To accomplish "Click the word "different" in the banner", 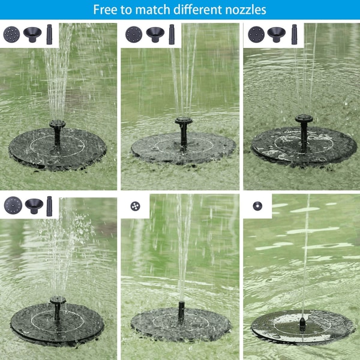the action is click(197, 10).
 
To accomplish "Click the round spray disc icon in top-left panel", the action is click(11, 34).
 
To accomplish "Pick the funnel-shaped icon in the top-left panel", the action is click(32, 34).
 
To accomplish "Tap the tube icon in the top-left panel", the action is click(49, 34).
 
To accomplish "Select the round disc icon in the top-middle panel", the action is click(134, 34).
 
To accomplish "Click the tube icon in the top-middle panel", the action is click(172, 34).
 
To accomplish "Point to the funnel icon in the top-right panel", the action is click(277, 34).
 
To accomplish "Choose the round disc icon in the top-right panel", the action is click(256, 34).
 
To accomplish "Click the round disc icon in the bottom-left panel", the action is click(13, 205).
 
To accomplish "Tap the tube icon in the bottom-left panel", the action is click(49, 206).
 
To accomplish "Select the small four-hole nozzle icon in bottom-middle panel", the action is click(135, 206).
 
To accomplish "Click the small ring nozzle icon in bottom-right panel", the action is click(257, 206).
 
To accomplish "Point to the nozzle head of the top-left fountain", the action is click(58, 124).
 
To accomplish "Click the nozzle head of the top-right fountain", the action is click(304, 118).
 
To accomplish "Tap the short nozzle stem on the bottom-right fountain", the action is click(302, 323).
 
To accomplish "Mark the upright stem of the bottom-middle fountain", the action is click(181, 312).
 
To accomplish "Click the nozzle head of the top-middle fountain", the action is click(184, 121).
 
